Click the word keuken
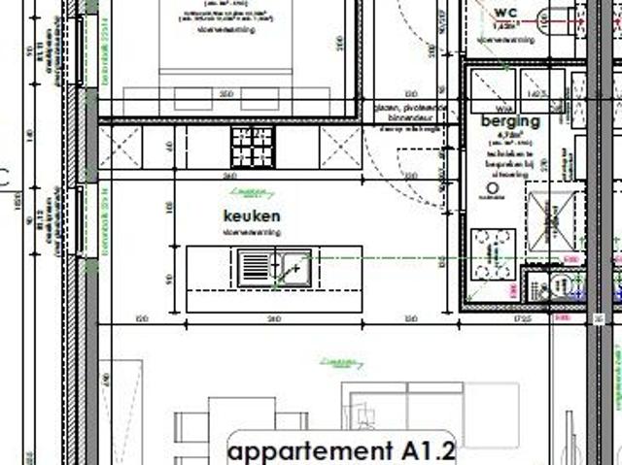point(253,216)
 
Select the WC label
point(505,12)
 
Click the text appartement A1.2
point(340,450)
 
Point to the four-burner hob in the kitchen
point(252,146)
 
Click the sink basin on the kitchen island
point(293,265)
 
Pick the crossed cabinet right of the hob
point(342,147)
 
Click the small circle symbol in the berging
point(493,187)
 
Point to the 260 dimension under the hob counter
point(229,177)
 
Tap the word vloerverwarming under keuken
point(252,233)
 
